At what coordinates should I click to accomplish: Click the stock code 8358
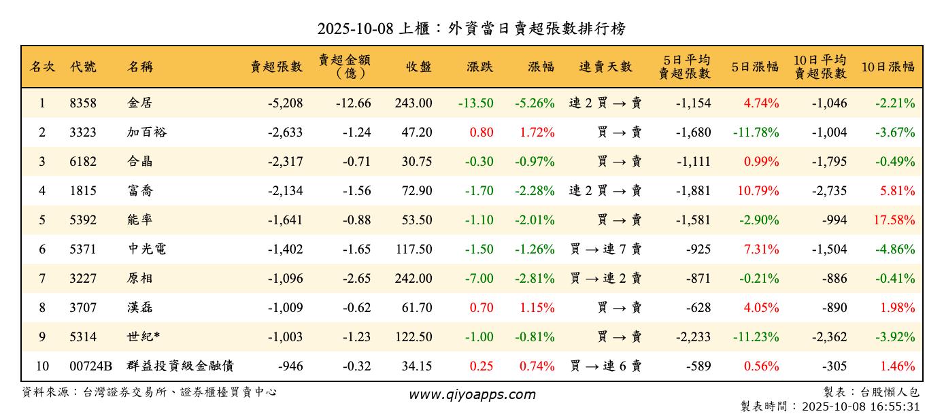tap(83, 103)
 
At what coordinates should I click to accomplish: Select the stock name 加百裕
tap(146, 133)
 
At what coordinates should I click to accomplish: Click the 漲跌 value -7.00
tap(480, 279)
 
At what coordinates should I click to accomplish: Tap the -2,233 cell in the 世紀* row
tap(693, 337)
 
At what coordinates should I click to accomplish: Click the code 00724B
tap(90, 366)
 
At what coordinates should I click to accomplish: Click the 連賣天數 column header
tap(605, 67)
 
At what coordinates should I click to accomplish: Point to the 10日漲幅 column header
tap(888, 67)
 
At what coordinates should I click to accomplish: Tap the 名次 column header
tap(42, 67)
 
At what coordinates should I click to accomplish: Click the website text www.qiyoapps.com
tap(472, 395)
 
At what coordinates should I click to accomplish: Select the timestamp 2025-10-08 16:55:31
tap(861, 406)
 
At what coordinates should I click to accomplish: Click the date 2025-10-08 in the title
tap(356, 29)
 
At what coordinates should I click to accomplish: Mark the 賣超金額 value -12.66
tap(353, 103)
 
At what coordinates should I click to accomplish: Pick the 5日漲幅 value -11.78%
tap(756, 133)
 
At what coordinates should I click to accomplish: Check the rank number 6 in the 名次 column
tap(42, 249)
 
